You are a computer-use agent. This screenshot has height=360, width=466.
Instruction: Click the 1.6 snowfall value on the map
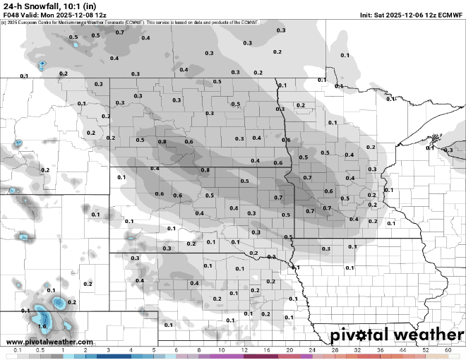(42, 326)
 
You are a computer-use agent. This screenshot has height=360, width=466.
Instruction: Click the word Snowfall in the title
(42, 6)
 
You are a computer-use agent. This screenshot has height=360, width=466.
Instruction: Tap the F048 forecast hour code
(12, 14)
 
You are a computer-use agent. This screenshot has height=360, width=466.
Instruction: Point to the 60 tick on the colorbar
(448, 350)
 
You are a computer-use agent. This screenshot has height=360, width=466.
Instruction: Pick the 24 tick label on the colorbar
(312, 350)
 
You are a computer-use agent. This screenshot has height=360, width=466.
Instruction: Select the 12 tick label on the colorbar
(244, 350)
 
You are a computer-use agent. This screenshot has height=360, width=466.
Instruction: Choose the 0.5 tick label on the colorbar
(40, 350)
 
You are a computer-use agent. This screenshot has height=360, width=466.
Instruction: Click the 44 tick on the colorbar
(402, 350)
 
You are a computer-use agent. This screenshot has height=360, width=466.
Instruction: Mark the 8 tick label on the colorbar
(199, 350)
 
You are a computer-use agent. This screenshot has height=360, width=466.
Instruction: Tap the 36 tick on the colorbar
(380, 350)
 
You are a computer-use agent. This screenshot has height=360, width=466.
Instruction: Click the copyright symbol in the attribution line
(4, 22)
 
